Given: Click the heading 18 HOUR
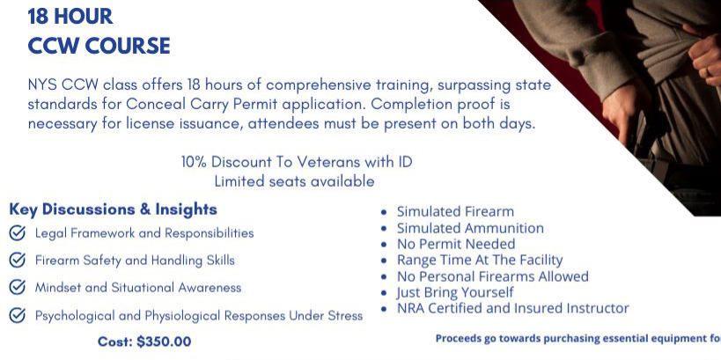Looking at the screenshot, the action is [70, 17].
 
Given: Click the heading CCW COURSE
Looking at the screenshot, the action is [99, 46].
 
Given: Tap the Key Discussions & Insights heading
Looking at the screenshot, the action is [113, 209].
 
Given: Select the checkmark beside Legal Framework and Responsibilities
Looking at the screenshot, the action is [18, 233].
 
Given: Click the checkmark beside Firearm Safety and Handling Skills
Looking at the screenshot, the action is [18, 261].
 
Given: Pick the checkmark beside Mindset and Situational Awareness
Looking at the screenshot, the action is [18, 287].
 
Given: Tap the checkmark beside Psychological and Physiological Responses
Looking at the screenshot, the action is [18, 315].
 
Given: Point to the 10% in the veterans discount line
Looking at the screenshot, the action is [194, 162].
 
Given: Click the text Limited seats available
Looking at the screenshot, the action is [294, 181].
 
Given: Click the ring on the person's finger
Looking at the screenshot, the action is [709, 72].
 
